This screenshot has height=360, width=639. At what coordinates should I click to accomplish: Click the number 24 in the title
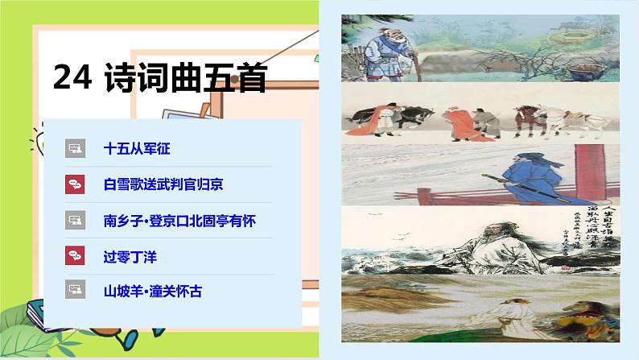coord(72,77)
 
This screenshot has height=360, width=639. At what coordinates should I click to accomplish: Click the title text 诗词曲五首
coord(185,77)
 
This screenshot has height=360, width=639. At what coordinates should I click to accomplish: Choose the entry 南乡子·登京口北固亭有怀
coord(180,219)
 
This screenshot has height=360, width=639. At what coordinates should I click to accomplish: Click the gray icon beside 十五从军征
coord(75,149)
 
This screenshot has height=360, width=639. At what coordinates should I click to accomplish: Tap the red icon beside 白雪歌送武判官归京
coord(75,184)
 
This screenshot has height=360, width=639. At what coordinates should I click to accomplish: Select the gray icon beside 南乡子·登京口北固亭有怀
coord(75,219)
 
